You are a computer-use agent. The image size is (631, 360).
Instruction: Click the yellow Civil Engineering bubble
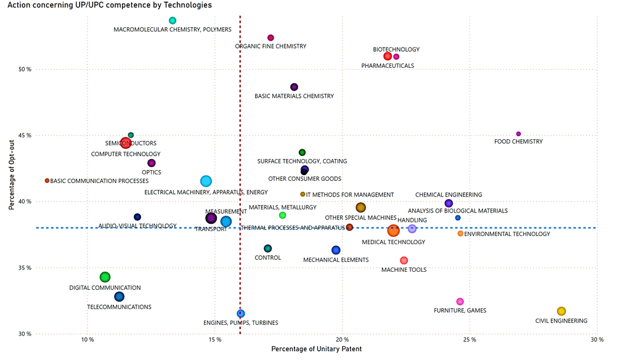tap(561, 311)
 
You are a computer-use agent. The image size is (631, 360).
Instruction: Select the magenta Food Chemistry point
tap(518, 134)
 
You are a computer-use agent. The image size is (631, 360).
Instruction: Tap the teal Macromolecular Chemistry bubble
tap(173, 20)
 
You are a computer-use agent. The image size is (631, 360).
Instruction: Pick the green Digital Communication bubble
tap(105, 277)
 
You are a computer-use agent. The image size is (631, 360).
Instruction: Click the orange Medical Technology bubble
tap(393, 231)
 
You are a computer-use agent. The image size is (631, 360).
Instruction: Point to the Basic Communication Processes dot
tap(47, 181)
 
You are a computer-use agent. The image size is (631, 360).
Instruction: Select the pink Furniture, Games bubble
tap(460, 301)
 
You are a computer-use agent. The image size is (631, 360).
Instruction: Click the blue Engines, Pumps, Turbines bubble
tap(240, 314)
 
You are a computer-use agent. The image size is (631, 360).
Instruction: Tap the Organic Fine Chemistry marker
tap(271, 38)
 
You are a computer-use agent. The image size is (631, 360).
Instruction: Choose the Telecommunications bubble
tap(119, 297)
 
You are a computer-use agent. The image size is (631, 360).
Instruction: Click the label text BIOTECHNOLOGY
tap(396, 49)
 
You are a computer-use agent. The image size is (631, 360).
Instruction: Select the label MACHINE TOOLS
tap(404, 270)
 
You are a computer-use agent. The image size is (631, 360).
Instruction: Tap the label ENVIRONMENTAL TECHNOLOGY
tap(507, 234)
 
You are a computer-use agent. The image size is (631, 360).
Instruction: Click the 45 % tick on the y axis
tap(24, 136)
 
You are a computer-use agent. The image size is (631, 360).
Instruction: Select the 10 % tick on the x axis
tap(88, 340)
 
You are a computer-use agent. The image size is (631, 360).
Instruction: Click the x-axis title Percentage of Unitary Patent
tap(316, 350)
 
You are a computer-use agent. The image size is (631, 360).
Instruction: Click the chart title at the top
tap(110, 5)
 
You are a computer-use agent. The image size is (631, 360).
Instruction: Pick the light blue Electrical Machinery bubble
tap(206, 181)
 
